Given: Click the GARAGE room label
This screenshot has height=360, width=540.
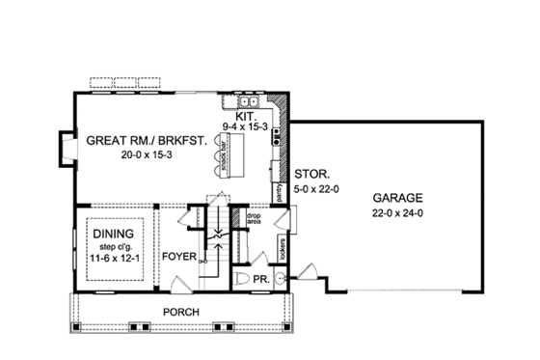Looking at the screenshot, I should [x=400, y=197].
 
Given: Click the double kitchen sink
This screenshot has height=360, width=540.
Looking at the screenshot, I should [x=249, y=99].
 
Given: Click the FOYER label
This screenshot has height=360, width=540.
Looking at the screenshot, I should [x=180, y=257].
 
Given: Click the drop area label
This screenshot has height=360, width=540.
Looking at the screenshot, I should [x=255, y=219].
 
